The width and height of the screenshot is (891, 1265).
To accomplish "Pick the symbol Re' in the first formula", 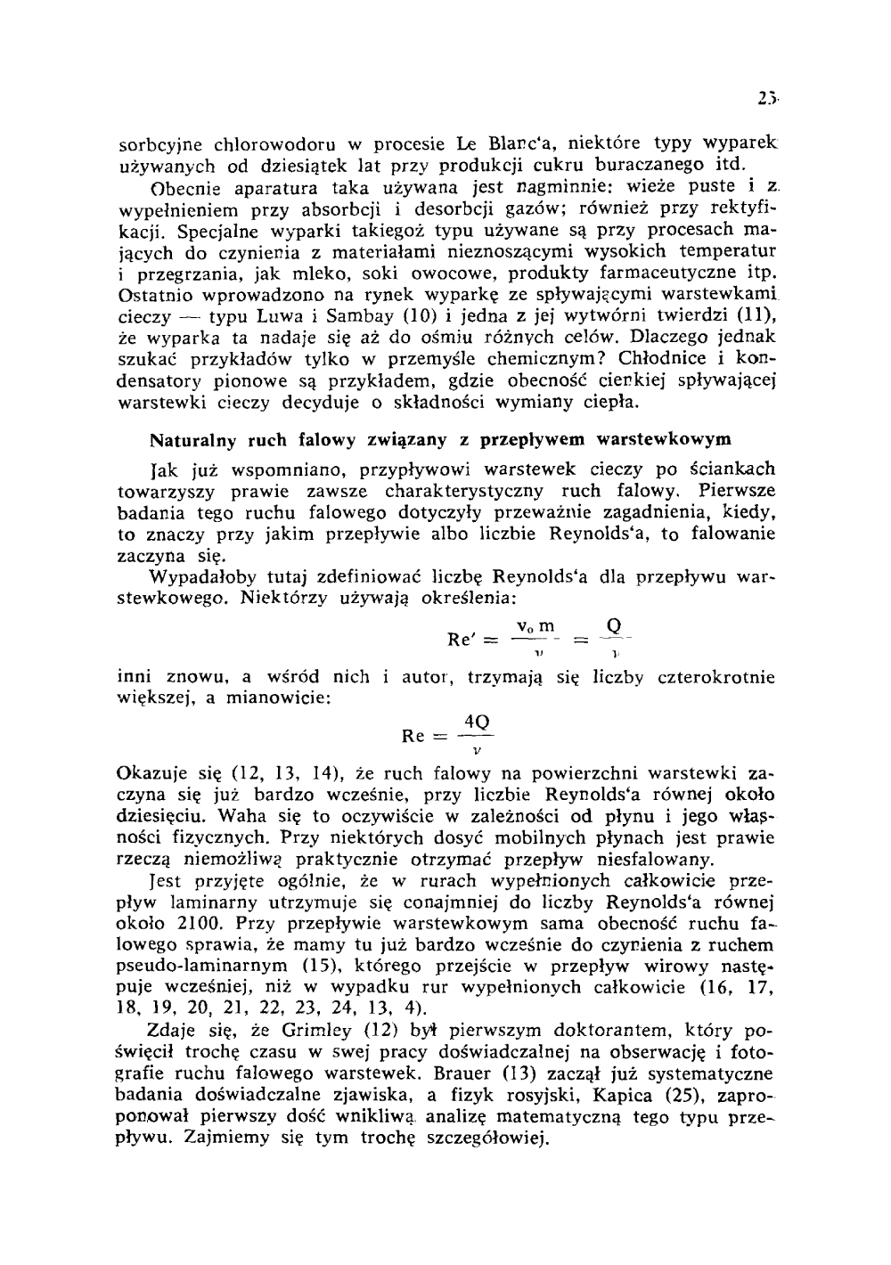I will pos(463,639).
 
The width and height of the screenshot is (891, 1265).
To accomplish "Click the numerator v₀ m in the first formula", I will pos(535,626).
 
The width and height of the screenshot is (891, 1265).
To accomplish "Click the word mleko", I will pos(315,273).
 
